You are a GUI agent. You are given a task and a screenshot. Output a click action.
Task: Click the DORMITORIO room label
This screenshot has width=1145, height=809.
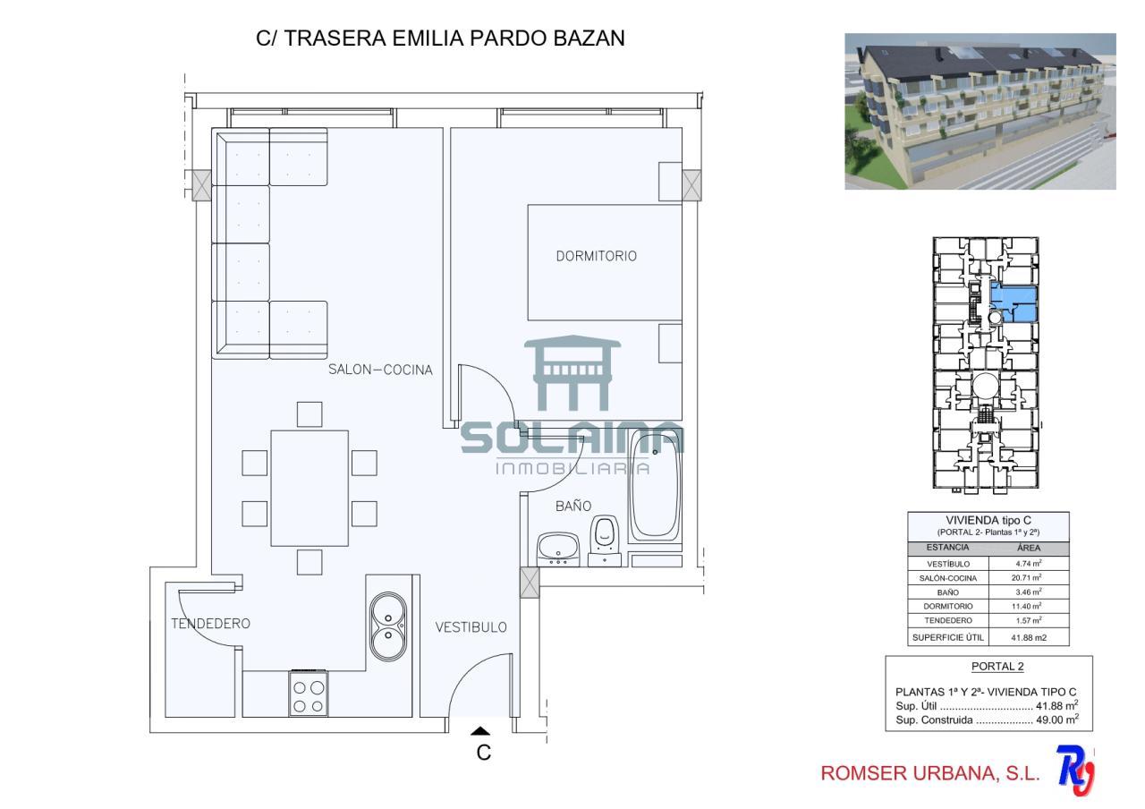[596, 256]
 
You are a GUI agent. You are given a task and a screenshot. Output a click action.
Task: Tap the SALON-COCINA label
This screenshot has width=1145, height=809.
[380, 370]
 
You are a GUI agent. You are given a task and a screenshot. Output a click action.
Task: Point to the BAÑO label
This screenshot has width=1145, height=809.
[573, 506]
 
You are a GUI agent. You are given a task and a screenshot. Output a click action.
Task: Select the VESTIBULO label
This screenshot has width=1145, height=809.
[471, 627]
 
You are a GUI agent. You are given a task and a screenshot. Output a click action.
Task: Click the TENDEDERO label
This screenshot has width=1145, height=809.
[210, 624]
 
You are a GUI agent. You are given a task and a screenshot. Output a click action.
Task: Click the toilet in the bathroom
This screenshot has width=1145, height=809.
[604, 541]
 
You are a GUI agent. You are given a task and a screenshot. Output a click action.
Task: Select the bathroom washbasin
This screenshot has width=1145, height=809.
[558, 549]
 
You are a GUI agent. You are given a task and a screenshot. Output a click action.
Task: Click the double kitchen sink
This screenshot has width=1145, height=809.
[388, 626]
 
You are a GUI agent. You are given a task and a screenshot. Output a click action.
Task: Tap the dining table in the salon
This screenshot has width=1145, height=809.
[310, 489]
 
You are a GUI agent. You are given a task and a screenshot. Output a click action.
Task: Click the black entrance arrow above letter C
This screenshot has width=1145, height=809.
[479, 731]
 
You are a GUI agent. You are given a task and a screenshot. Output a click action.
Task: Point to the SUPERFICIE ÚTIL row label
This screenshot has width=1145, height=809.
[947, 638]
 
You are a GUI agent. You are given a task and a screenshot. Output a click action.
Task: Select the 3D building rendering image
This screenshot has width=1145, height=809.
[980, 112]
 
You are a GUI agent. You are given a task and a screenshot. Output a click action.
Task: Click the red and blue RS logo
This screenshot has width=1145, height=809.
[1075, 771]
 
